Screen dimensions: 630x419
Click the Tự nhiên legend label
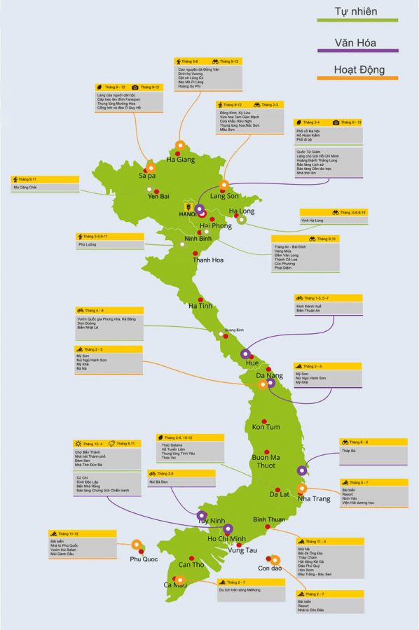[x=356, y=11]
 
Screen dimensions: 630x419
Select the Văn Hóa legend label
[x=356, y=43]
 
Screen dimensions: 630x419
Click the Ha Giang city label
[x=181, y=160]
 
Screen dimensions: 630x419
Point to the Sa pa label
[x=147, y=178]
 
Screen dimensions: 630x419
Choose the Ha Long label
[x=242, y=211]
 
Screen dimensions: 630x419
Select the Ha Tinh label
[x=200, y=305]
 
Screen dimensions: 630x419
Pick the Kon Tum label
[x=266, y=427]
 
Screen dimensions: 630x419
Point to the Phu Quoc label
[x=145, y=559]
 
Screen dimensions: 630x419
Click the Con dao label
[x=270, y=568]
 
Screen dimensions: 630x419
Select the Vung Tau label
[x=242, y=550]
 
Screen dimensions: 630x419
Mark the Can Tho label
[x=191, y=564]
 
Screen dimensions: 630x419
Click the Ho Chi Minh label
[x=217, y=538]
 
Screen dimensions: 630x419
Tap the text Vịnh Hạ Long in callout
[x=312, y=220]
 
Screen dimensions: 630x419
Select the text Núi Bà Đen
[x=160, y=483]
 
